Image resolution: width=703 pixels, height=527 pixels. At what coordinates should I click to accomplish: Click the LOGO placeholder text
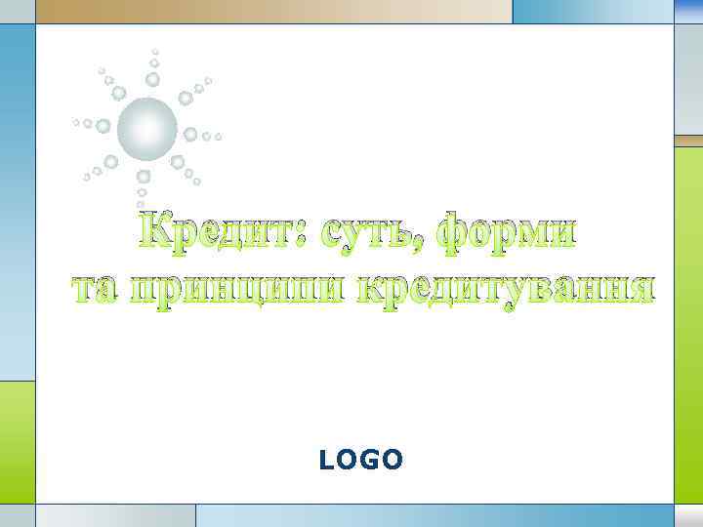pyautogui.click(x=360, y=460)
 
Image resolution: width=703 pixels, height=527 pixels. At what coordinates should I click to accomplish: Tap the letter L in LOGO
pyautogui.click(x=326, y=460)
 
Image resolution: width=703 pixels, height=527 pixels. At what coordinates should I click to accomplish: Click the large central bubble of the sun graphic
pyautogui.click(x=147, y=128)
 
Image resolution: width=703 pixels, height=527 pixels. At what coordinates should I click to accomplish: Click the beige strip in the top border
pyautogui.click(x=273, y=11)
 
